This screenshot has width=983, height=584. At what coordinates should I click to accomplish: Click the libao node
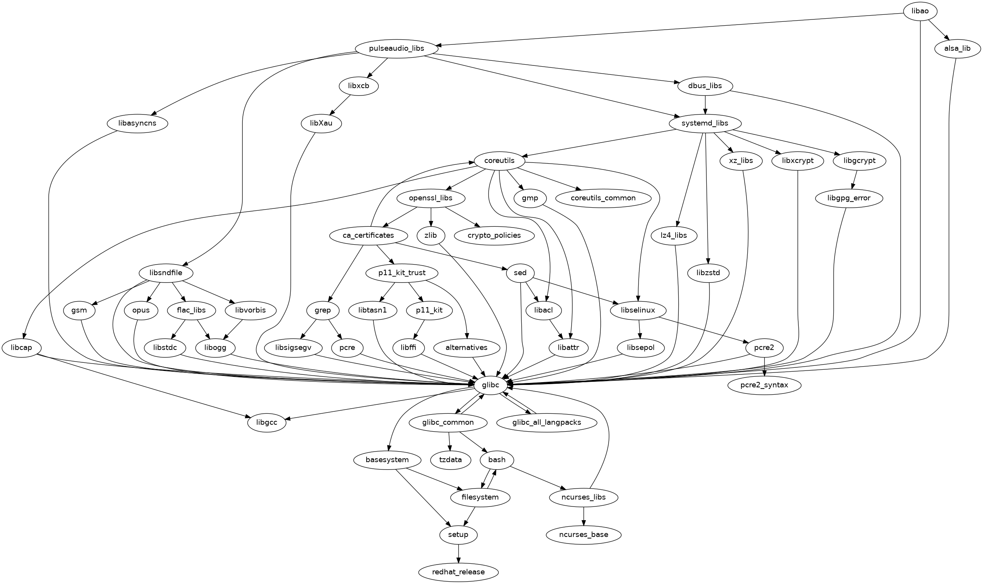pyautogui.click(x=919, y=11)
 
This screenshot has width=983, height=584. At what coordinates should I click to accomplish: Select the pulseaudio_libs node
pyautogui.click(x=396, y=49)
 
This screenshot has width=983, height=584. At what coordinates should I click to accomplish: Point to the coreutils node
pyautogui.click(x=499, y=161)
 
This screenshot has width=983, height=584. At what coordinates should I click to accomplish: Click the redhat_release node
pyautogui.click(x=458, y=572)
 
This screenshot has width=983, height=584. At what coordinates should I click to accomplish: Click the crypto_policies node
pyautogui.click(x=494, y=235)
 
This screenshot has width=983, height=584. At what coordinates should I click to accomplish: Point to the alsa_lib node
pyautogui.click(x=957, y=49)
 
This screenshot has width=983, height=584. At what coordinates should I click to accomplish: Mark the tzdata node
pyautogui.click(x=450, y=460)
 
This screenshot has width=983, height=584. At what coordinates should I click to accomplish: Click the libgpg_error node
pyautogui.click(x=849, y=198)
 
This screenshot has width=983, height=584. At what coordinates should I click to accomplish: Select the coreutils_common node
pyautogui.click(x=603, y=198)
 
